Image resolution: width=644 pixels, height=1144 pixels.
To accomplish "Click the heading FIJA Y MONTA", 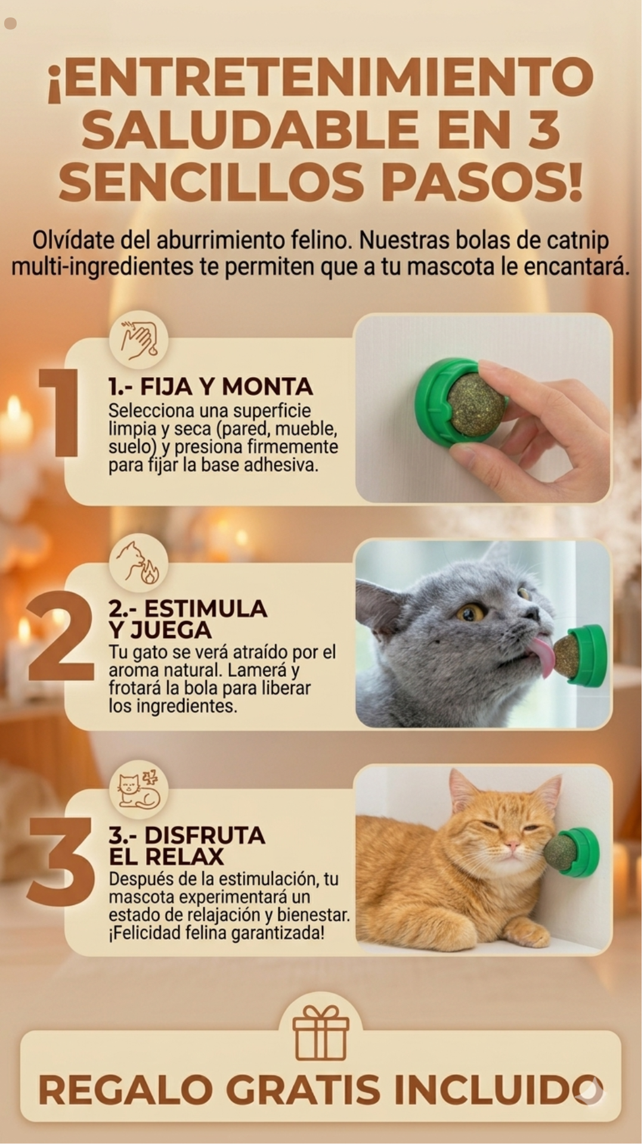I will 210,387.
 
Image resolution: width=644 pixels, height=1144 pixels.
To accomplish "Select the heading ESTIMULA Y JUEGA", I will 187,619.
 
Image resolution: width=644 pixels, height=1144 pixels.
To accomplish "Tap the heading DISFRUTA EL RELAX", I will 187,845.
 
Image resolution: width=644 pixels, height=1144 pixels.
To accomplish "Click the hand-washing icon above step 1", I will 138,341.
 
